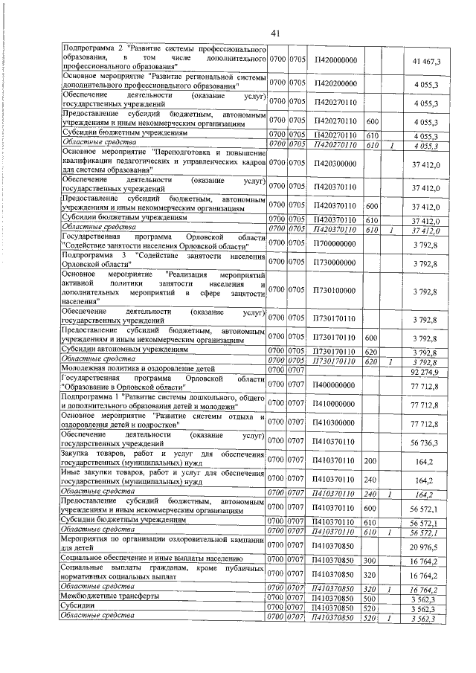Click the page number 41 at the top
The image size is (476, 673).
tap(274, 33)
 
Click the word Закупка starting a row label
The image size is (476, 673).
tap(77, 454)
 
